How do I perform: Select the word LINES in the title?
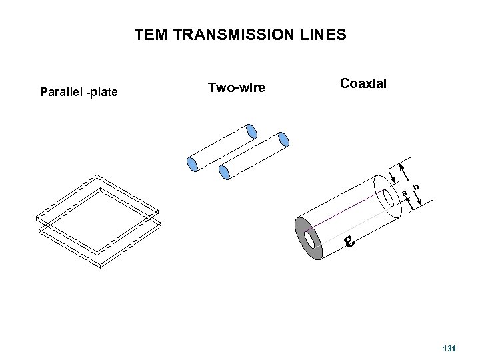(x=324, y=35)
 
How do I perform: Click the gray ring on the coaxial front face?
(x=302, y=237)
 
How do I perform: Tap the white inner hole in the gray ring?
(x=310, y=239)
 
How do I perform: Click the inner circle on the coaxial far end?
(x=388, y=197)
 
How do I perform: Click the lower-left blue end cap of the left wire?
(x=192, y=162)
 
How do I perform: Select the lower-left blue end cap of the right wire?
(x=225, y=172)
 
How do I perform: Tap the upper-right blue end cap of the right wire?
(x=283, y=139)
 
